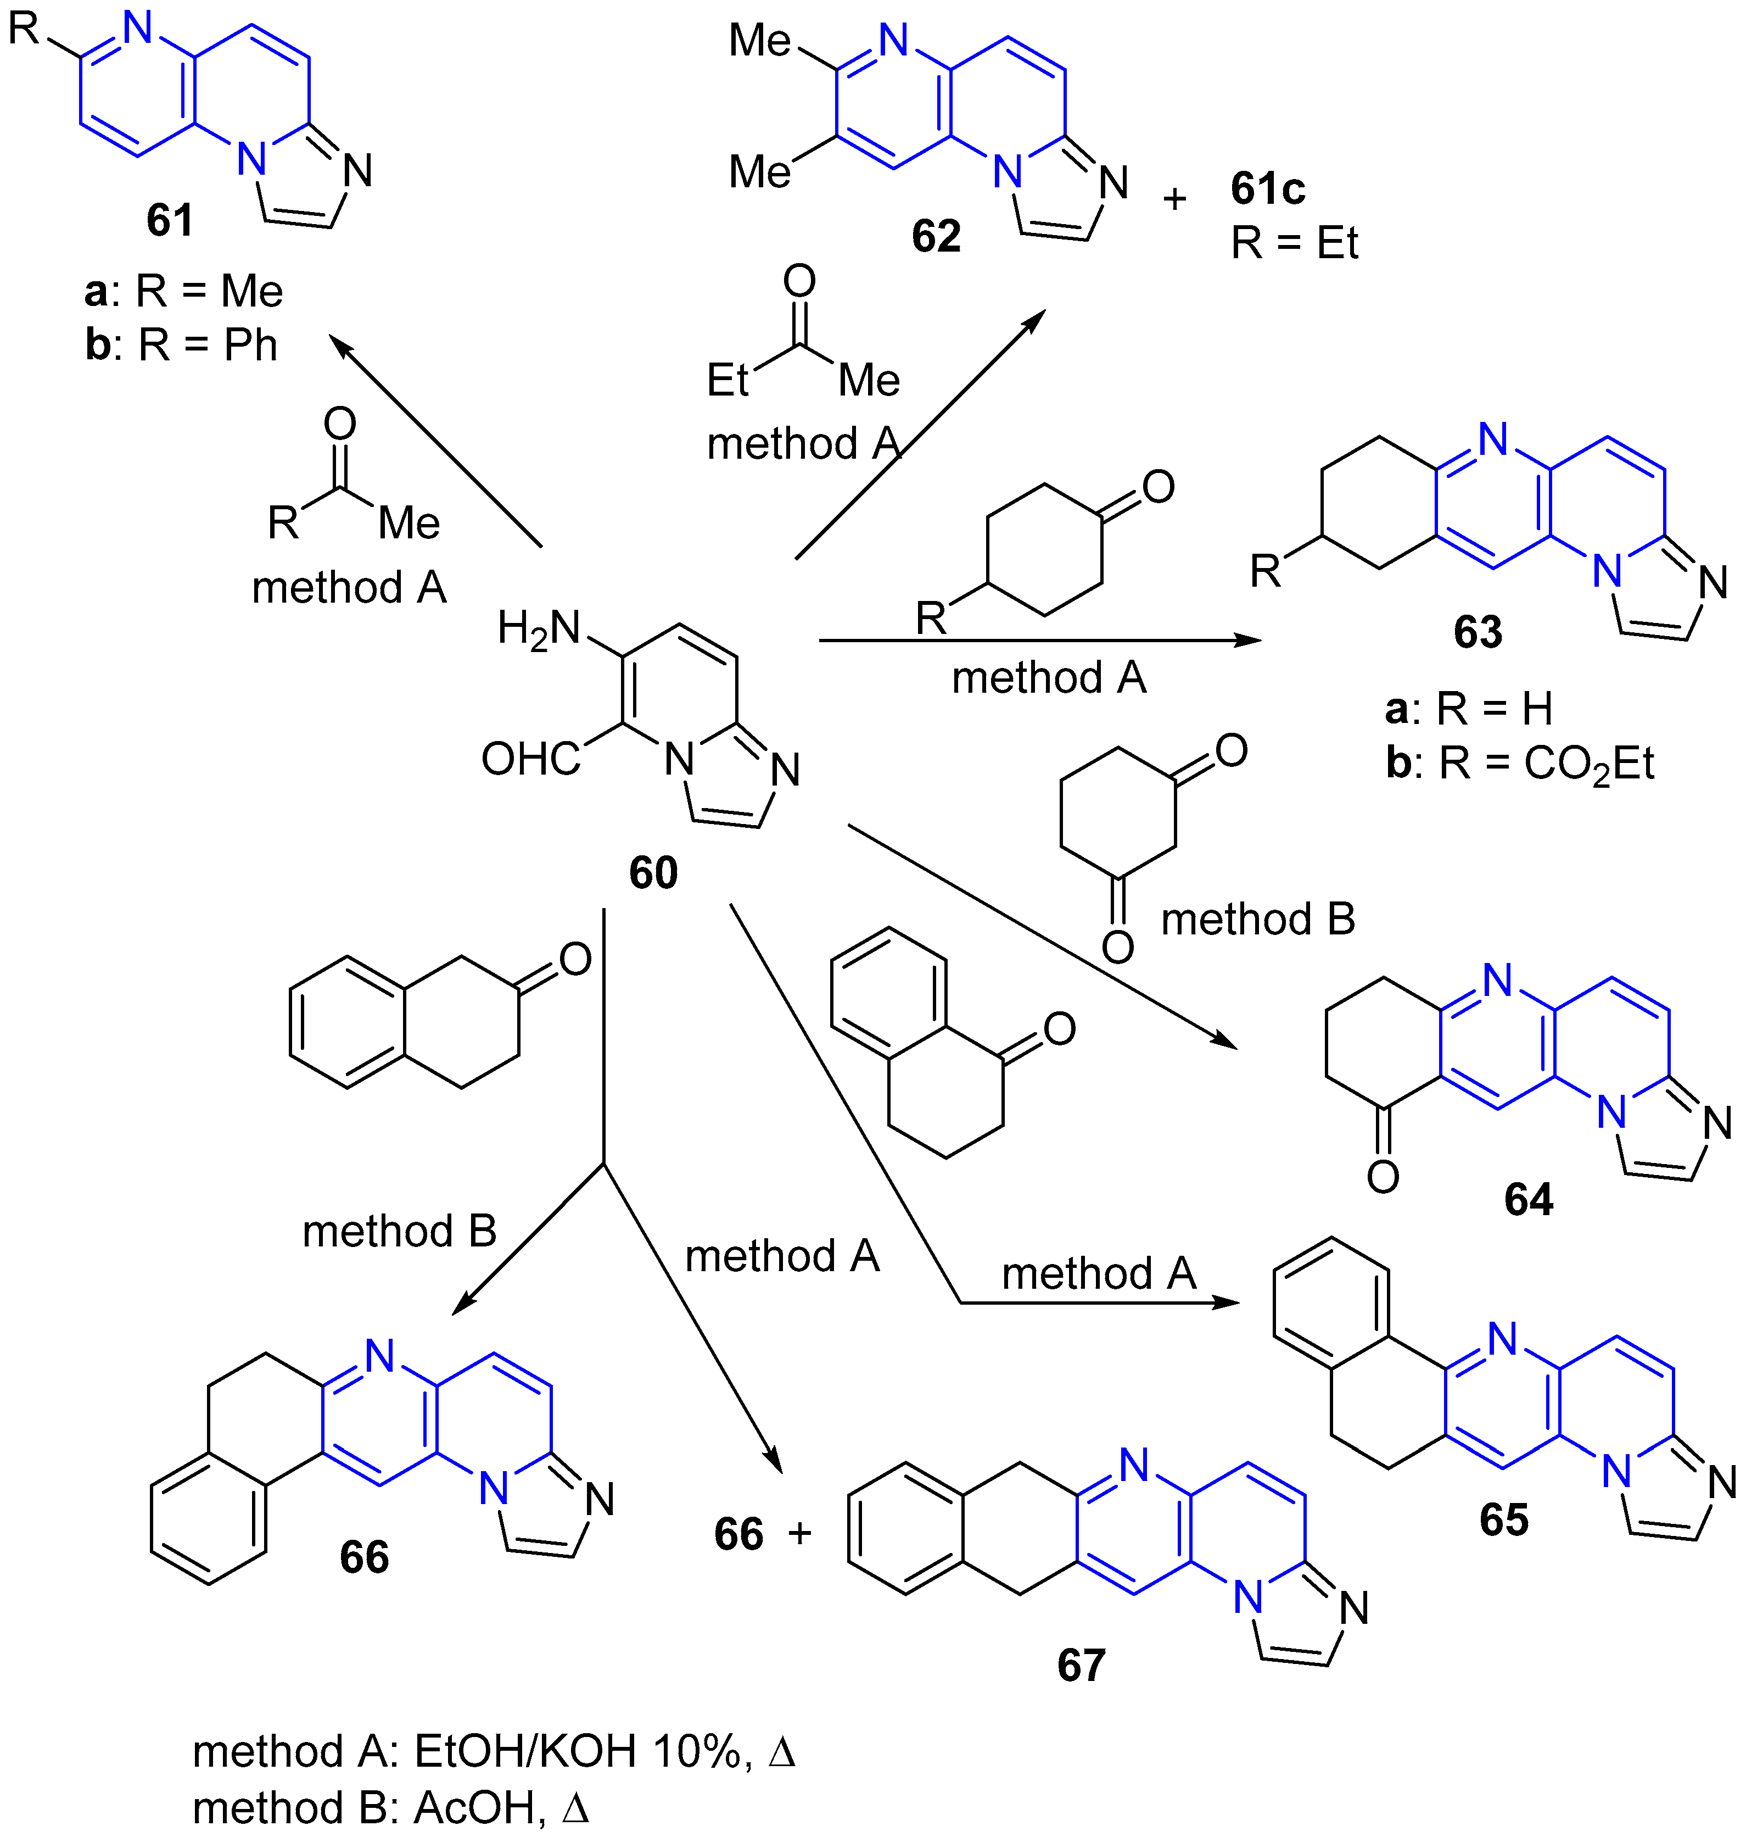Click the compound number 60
tap(653, 872)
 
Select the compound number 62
tap(936, 236)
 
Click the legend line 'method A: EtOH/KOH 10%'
tap(493, 1751)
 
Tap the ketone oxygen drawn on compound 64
tap(1383, 1177)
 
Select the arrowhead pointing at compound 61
tap(340, 346)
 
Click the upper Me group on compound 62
tap(759, 41)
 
